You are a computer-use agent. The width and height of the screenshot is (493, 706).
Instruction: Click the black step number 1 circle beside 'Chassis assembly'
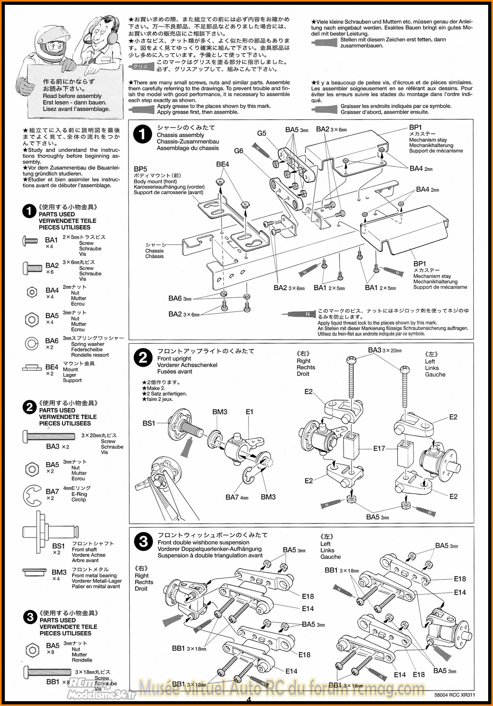point(142,135)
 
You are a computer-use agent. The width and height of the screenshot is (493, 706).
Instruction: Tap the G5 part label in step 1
point(262,133)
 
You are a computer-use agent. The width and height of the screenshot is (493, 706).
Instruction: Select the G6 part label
point(239,151)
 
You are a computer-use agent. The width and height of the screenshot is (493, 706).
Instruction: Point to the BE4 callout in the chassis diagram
point(222,164)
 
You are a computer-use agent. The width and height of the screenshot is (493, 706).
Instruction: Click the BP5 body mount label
point(141,169)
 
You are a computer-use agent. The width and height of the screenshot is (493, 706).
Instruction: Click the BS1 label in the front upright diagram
point(149,423)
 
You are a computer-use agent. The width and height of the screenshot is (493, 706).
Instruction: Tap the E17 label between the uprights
point(379,448)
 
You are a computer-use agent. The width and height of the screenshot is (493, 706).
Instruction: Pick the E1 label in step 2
point(250,412)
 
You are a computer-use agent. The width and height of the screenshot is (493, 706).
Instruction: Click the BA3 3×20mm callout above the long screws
point(385,350)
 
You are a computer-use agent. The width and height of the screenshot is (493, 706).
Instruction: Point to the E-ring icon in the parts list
point(33,496)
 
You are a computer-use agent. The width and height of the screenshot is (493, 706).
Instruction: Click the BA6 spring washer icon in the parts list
point(31,344)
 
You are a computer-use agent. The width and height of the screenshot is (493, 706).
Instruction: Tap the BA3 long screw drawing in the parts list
point(49,436)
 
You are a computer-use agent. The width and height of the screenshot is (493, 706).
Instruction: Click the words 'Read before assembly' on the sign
point(72,96)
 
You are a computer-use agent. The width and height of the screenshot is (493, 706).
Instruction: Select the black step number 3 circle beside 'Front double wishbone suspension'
point(143,542)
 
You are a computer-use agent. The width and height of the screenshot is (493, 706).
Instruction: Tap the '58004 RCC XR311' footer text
point(455,695)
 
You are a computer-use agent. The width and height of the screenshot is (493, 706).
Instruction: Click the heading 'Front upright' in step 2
point(174,359)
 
